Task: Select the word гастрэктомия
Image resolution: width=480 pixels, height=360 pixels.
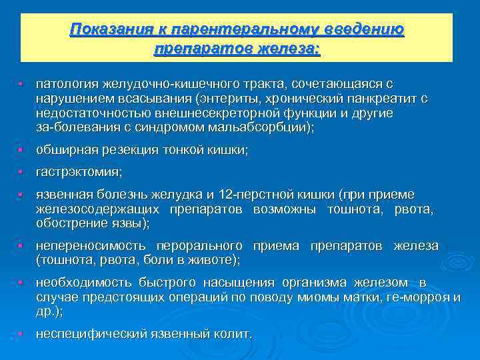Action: [x=79, y=173]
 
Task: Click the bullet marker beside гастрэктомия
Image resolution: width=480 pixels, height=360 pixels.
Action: [x=21, y=173]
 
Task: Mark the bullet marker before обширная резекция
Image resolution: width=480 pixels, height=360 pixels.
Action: [x=21, y=151]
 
